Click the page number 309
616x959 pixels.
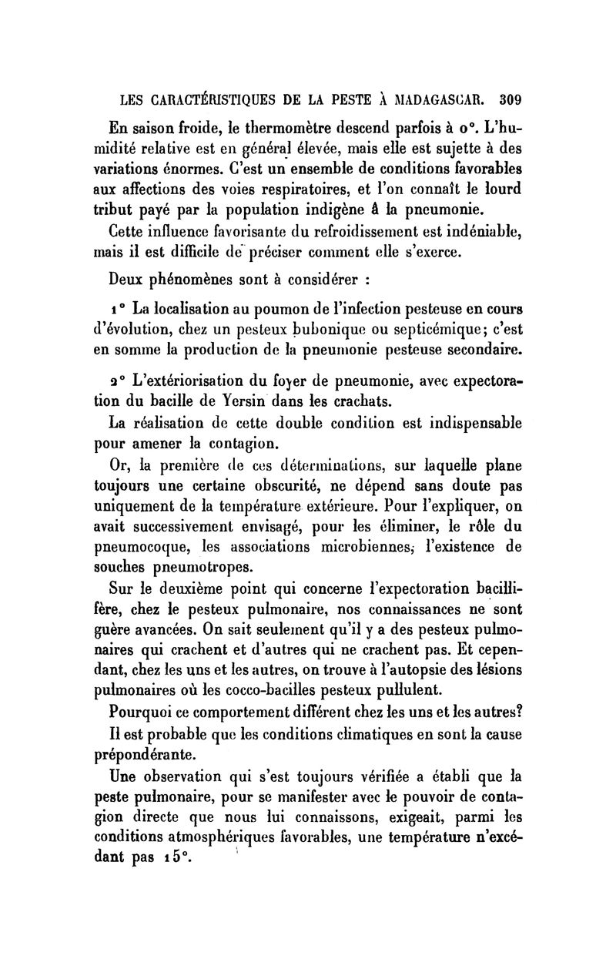(x=510, y=99)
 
